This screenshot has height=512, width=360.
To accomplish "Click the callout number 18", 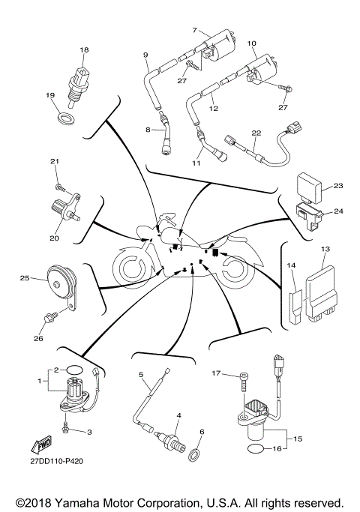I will pos(84,49).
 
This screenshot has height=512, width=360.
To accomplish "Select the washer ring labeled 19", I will pos(67,118).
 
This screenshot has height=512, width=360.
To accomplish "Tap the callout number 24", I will pos(337,211).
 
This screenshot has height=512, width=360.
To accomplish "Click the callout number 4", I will pos(178,415).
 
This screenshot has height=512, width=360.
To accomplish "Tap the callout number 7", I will pos(195,30).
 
